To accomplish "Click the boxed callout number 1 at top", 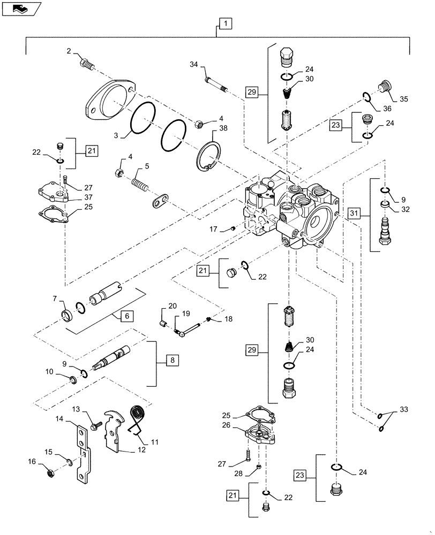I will pos(226,24).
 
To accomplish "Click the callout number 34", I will pos(193,65).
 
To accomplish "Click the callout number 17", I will pos(213,229).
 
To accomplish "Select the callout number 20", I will pos(172,306).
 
